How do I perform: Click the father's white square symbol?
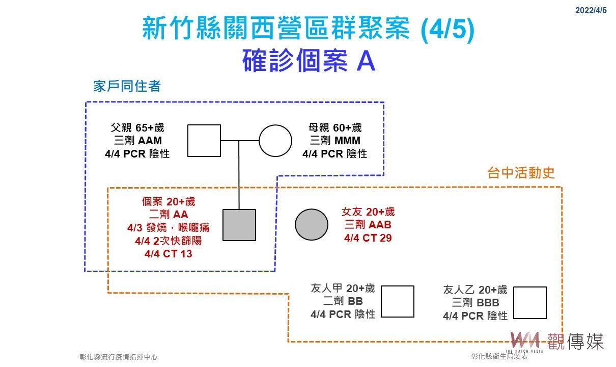(204, 140)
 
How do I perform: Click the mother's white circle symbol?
(275, 140)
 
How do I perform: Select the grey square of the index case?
(239, 225)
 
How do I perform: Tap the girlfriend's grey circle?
(312, 225)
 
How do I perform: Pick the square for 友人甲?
(397, 301)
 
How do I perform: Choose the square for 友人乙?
(529, 302)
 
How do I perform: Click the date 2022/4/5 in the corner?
(591, 10)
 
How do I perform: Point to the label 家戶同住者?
(127, 86)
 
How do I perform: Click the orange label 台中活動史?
(520, 173)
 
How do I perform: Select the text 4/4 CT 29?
(368, 238)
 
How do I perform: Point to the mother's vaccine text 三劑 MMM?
(335, 141)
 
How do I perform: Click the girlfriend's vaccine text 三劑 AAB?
(368, 225)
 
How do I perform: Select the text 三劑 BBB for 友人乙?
(475, 303)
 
